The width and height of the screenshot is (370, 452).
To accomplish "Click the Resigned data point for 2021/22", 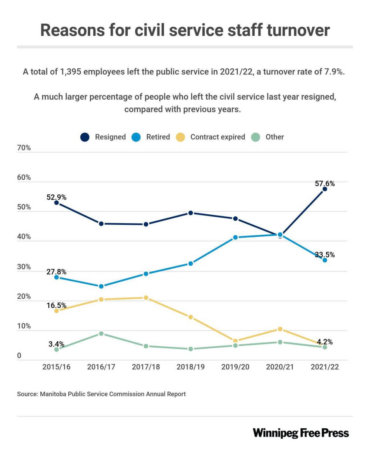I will pos(325,189).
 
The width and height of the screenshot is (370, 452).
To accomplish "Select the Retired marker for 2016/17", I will pos(101,286).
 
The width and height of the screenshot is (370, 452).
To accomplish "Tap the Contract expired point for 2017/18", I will pos(146,298).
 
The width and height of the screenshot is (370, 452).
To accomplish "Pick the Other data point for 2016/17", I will pos(101,334).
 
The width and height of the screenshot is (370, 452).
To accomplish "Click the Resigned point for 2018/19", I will pos(191,213).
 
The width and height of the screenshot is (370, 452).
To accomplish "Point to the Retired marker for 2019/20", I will pos(235,237).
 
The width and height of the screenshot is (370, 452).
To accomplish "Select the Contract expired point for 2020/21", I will pos(280,329).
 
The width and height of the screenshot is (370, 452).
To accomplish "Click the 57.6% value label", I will pos(325,184).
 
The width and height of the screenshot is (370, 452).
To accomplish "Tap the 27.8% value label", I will pos(56,272).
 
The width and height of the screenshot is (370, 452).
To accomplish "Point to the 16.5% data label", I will pos(56,306).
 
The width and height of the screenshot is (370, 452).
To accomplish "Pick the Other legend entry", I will pos(269,137).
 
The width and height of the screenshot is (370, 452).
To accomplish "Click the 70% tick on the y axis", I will pos(24,148).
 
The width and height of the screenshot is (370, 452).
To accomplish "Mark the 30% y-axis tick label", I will pos(24,267).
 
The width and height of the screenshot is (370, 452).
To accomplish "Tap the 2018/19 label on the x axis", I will pos(191,367).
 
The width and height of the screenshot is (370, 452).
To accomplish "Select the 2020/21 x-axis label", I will pos(280,367).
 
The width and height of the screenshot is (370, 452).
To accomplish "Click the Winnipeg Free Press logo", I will pos(301,433).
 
